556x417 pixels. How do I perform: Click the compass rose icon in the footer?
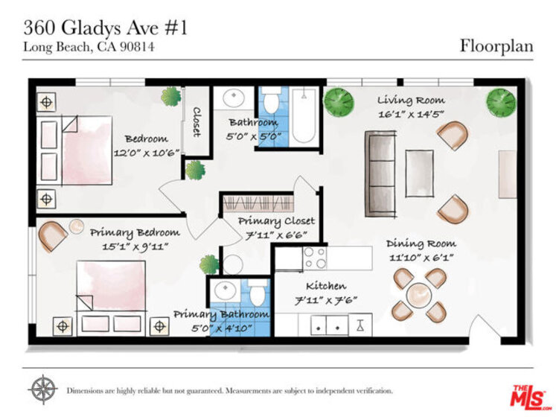coord(43,389)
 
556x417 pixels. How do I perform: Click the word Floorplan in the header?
coord(496,46)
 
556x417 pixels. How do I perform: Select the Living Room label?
coord(411,100)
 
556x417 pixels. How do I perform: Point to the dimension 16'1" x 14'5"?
coord(411,114)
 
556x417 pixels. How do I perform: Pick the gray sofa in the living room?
coord(380,174)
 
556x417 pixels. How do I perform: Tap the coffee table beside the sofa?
coord(420,174)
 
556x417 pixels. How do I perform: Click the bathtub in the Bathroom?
coord(304,115)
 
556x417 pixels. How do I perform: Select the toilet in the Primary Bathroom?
coord(258,292)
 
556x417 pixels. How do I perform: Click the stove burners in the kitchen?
coord(315,258)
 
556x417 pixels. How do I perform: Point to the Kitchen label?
coord(326,286)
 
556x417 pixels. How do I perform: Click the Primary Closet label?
coord(276,221)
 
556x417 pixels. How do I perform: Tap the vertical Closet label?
coord(196,122)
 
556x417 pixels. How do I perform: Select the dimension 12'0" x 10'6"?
coord(146,153)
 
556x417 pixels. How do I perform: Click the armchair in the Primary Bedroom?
coord(53,235)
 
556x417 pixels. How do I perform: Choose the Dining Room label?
coord(421,243)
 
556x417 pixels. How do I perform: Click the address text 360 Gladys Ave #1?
coord(105,28)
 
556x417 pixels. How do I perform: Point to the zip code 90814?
coord(137,47)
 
